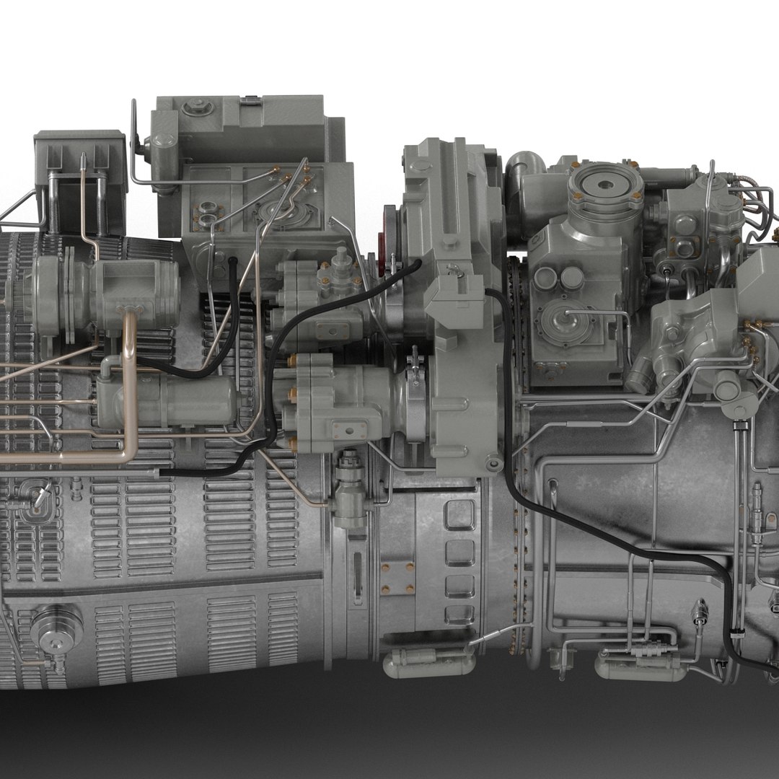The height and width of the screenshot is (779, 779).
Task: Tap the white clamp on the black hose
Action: [736, 634]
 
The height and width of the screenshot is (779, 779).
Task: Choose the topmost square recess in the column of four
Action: [459, 516]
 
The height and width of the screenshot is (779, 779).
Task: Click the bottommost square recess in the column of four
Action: [459, 614]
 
